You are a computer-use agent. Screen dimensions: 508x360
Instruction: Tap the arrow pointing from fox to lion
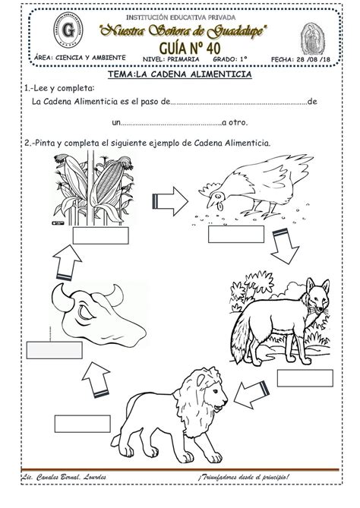pos(251,393)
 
